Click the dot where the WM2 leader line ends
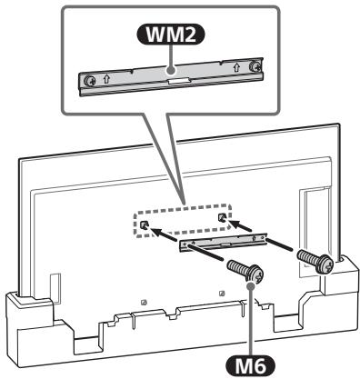(x=169, y=67)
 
